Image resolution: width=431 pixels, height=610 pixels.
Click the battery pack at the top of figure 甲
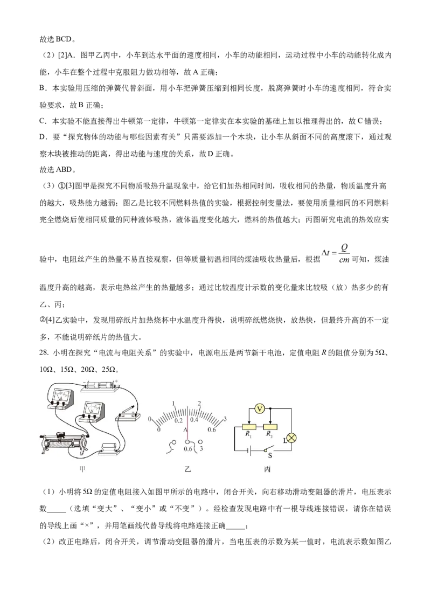pyautogui.click(x=99, y=384)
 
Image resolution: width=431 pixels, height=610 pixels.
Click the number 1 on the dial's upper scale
pyautogui.click(x=173, y=404)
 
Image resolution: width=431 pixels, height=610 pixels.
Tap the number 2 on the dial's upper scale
pyautogui.click(x=200, y=404)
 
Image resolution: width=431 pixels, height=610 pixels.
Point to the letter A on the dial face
pyautogui.click(x=185, y=430)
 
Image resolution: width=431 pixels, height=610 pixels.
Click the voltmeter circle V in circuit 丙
pyautogui.click(x=259, y=409)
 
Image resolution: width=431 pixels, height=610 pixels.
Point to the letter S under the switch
pyautogui.click(x=269, y=455)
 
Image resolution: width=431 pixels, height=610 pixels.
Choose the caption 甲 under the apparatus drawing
pyautogui.click(x=82, y=469)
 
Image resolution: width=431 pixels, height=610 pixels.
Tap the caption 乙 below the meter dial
pyautogui.click(x=188, y=469)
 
